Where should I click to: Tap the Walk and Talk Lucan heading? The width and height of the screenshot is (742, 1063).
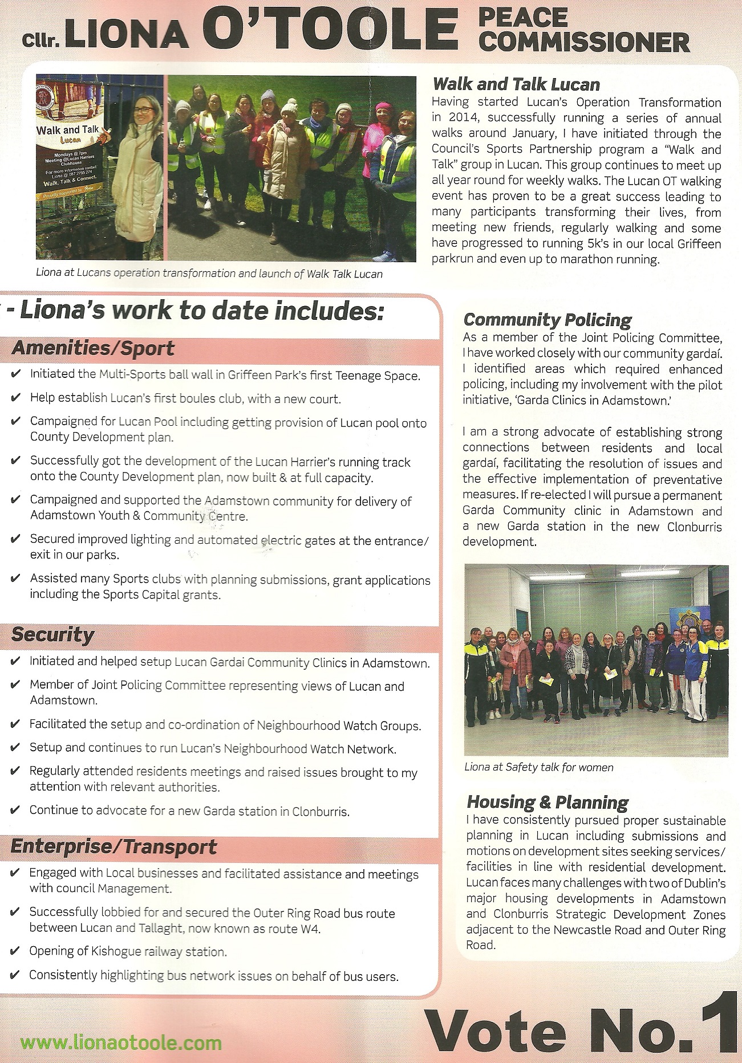click(516, 85)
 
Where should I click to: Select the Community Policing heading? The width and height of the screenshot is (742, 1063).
click(547, 320)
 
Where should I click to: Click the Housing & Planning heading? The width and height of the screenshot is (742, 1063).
click(547, 802)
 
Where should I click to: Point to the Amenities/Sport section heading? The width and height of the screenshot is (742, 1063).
click(93, 348)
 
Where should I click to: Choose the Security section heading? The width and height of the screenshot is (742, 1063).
click(53, 634)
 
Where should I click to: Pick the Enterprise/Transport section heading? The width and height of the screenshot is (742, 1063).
click(113, 847)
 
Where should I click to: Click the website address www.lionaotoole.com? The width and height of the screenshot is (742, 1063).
click(121, 1043)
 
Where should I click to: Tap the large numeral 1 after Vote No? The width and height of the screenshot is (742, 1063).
click(720, 1023)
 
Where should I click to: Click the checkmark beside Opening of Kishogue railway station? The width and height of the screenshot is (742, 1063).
click(15, 951)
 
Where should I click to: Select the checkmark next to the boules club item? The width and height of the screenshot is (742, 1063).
click(15, 398)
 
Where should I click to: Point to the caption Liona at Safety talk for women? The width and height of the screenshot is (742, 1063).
click(538, 767)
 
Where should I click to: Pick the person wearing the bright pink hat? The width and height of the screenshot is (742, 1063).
click(383, 108)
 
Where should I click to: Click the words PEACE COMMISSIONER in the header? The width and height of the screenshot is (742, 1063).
click(583, 30)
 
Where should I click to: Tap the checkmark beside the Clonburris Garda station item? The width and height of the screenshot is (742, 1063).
click(15, 810)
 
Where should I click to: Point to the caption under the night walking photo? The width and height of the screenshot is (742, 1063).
click(209, 274)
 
